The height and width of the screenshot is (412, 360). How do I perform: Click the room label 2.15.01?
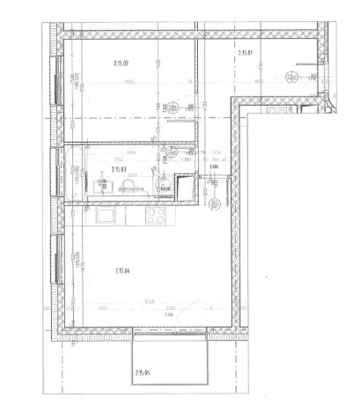pos(246,54)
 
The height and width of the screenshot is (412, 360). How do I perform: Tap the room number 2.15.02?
pos(121,63)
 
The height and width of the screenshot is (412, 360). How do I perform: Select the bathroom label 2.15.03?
pos(120,169)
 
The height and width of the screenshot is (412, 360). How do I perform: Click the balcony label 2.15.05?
pos(143,373)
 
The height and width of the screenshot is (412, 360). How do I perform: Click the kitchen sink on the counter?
pos(105,215)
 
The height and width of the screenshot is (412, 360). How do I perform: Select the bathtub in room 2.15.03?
pos(73,173)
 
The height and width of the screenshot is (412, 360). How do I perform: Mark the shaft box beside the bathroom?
pos(186,188)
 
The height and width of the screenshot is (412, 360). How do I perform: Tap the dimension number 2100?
pos(212,167)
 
